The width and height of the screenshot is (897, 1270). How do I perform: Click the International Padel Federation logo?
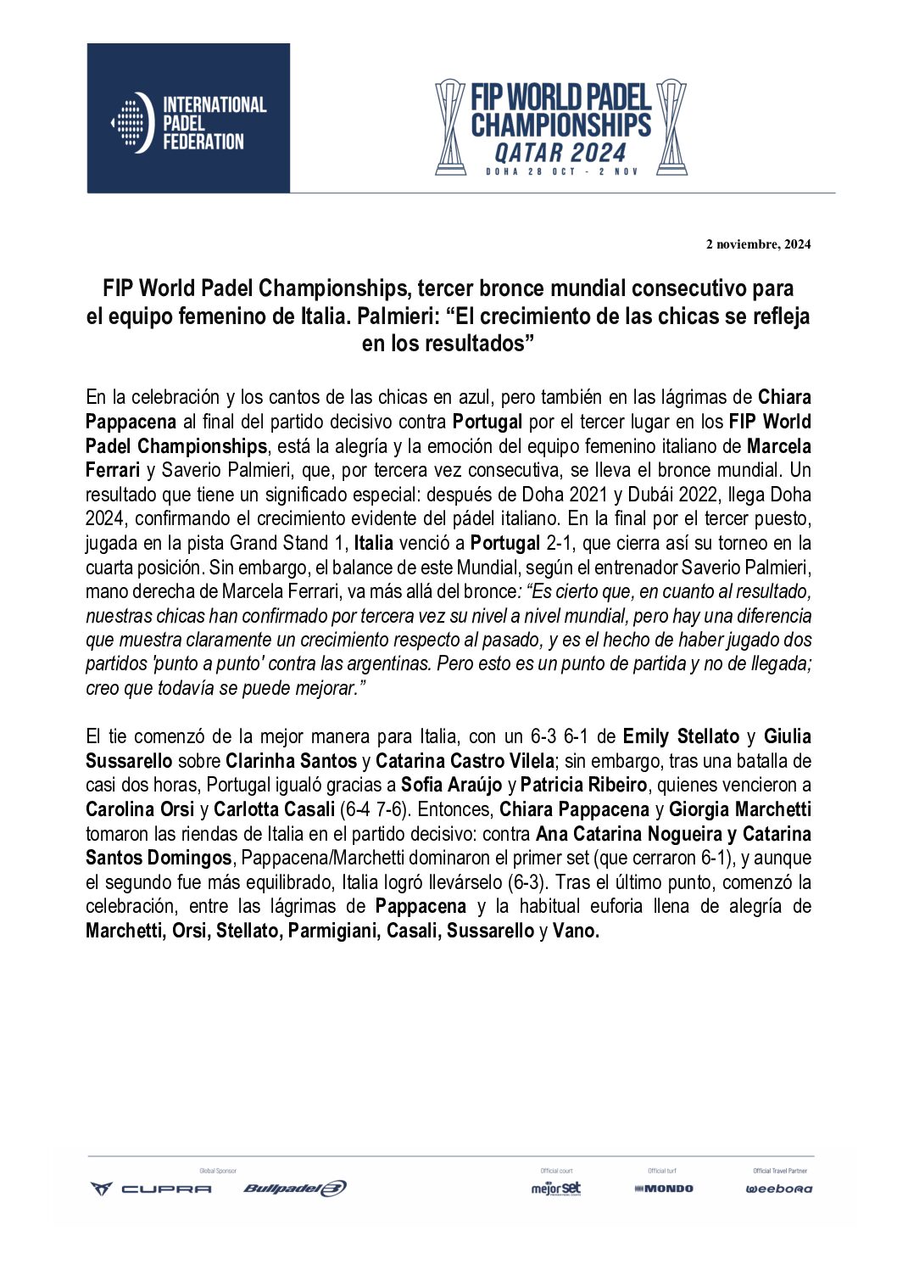(x=188, y=119)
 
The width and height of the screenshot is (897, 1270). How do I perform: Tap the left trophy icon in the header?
(x=450, y=127)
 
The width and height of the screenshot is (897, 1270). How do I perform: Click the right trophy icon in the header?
(x=671, y=127)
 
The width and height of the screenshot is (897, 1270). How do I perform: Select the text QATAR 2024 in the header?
(x=560, y=153)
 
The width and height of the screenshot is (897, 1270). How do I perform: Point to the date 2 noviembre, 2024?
(x=758, y=244)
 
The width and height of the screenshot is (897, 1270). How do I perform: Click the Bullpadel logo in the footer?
(x=294, y=1189)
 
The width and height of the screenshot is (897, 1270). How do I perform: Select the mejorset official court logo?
(x=556, y=1189)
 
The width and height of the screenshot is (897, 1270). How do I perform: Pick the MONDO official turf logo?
(x=664, y=1189)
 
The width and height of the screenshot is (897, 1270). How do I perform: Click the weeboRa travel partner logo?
(x=778, y=1189)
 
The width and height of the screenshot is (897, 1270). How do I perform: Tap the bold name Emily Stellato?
(x=681, y=736)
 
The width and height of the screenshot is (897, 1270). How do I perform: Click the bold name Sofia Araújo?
(x=452, y=785)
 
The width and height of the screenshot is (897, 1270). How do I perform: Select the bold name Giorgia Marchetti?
(x=740, y=809)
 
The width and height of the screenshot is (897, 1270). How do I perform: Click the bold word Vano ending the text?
(x=576, y=931)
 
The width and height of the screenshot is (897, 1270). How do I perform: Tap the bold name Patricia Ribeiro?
(x=583, y=785)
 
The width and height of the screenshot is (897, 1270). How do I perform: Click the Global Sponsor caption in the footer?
(x=218, y=1171)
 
